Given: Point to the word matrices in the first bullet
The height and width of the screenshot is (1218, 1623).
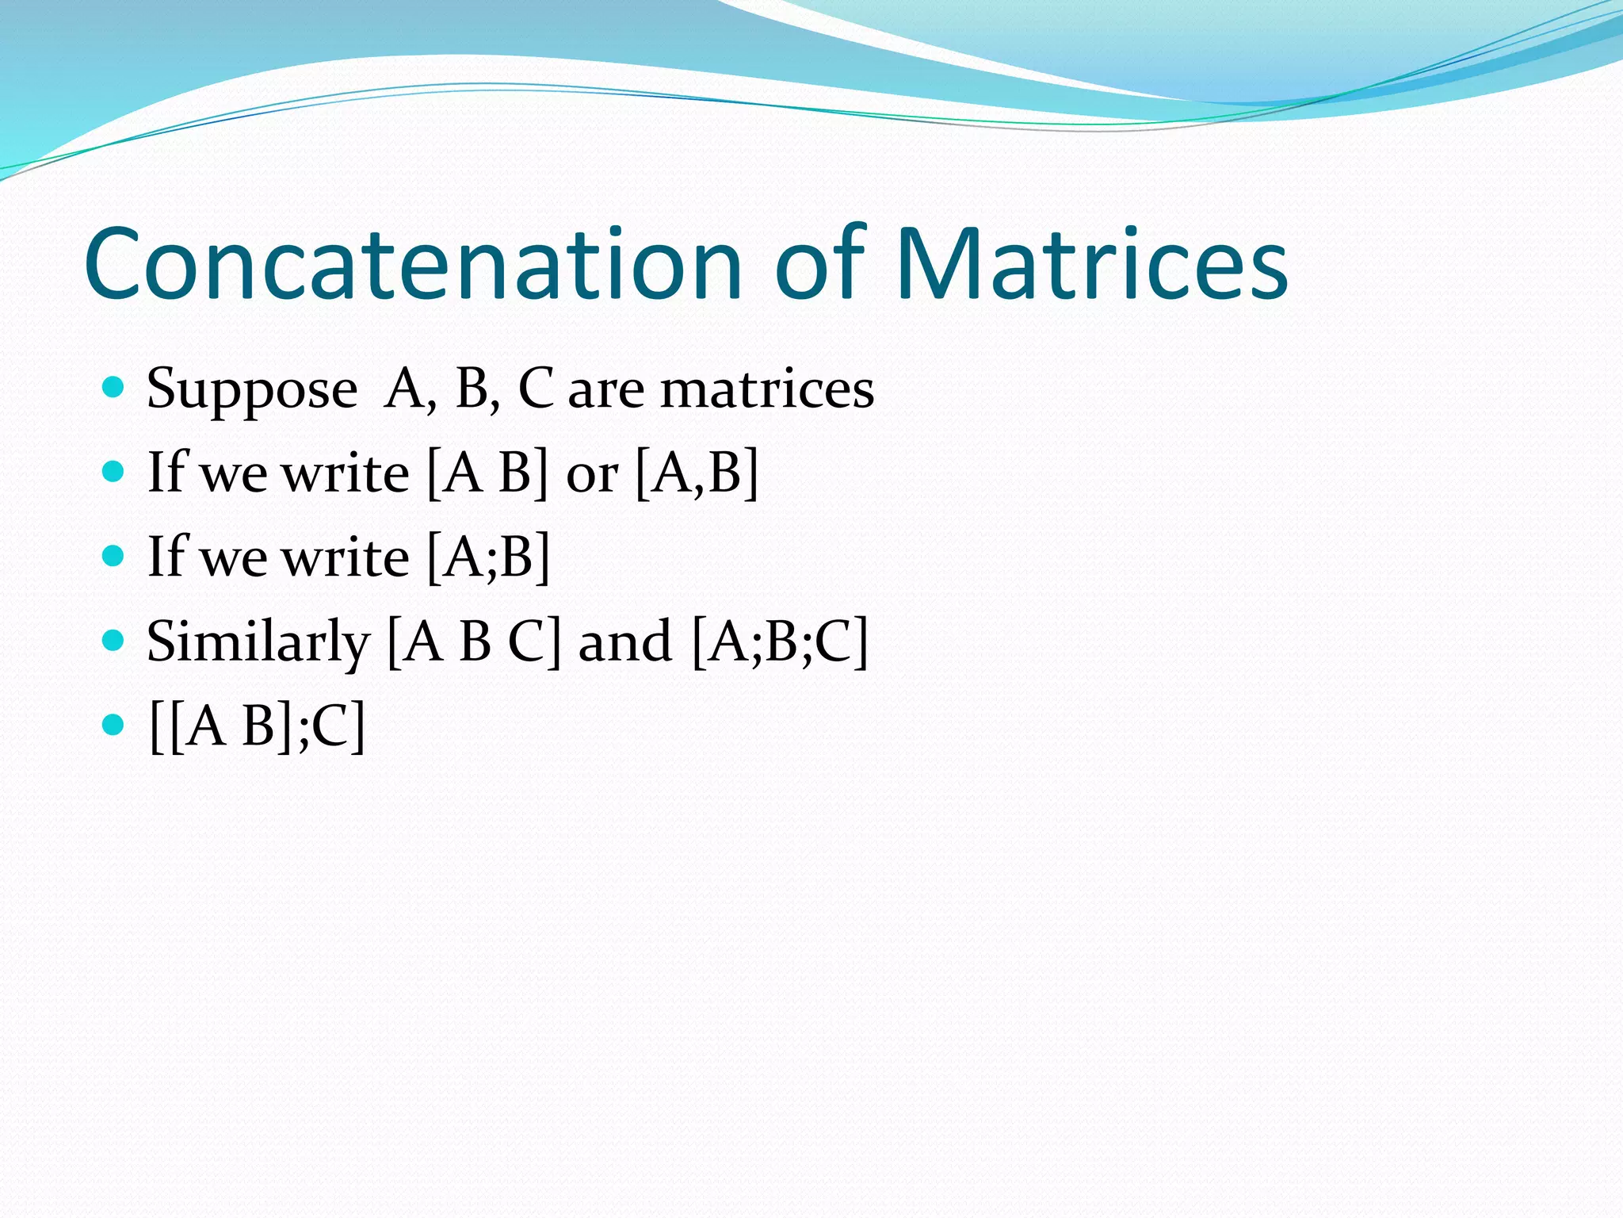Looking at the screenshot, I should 766,390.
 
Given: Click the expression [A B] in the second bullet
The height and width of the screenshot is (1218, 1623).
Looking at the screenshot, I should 487,473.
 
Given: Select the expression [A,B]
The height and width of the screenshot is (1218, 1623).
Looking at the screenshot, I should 697,473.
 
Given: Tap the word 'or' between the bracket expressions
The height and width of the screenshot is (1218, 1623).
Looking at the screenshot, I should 591,475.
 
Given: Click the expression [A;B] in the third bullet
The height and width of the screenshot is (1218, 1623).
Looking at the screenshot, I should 488,557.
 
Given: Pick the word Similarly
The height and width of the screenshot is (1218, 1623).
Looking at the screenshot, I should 258,642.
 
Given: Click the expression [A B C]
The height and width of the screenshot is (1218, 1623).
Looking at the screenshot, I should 474,642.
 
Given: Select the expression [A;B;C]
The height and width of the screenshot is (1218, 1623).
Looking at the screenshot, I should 780,642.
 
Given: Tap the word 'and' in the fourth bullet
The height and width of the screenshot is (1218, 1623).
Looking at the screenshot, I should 625,642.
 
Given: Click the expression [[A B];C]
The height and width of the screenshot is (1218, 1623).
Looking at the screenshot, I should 257,726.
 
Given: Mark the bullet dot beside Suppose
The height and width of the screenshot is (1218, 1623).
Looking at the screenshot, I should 114,388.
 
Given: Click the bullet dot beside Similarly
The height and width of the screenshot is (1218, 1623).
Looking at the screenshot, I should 114,639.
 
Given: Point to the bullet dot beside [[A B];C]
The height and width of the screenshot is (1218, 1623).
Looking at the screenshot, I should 114,723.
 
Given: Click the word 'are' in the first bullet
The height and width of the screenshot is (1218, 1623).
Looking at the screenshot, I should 605,392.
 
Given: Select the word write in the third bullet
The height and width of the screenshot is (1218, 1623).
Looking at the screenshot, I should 346,557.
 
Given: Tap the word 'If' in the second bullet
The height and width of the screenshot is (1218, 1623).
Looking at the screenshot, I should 167,473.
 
